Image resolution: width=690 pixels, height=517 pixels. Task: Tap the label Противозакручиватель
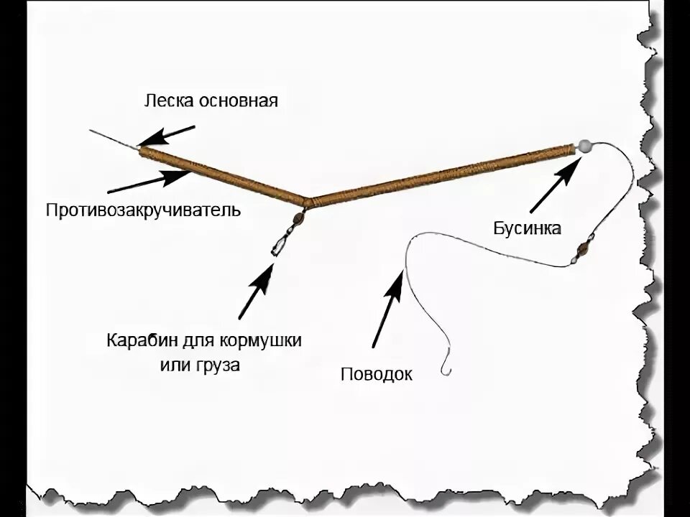(x=143, y=211)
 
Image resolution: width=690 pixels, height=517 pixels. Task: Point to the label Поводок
(x=377, y=373)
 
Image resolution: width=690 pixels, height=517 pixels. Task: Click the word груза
(x=221, y=364)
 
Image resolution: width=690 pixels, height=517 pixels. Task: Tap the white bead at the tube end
(x=584, y=146)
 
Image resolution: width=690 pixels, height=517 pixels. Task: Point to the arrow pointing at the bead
(x=555, y=185)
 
